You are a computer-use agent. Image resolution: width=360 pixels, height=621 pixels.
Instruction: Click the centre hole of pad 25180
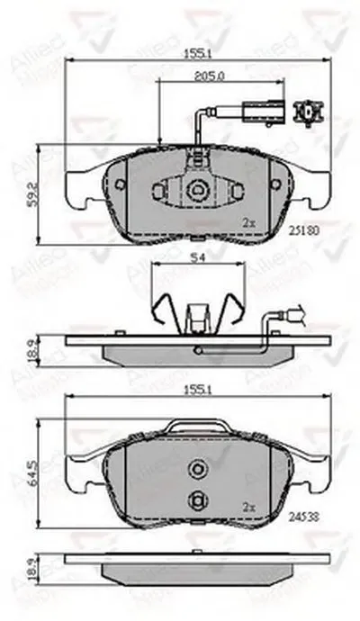(x=198, y=190)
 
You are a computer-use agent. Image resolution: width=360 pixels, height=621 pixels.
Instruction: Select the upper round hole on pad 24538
(x=198, y=468)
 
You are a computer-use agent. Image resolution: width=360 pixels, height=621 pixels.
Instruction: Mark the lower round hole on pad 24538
(x=198, y=501)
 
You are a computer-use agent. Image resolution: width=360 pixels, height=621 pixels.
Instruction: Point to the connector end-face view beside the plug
(x=311, y=111)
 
